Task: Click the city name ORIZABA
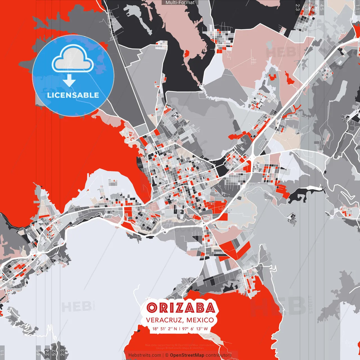pos(181,308)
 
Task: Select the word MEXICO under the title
pos(200,320)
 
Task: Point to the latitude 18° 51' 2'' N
pos(165,329)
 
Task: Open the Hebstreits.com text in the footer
pos(145,355)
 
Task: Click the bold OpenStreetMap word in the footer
pos(187,355)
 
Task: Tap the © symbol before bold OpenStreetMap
pos(167,355)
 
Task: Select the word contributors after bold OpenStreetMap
pos(218,355)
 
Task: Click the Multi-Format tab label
pos(180,3)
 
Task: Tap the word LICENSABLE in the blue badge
pos(73,95)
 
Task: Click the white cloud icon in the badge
pos(73,59)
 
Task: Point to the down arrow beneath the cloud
pos(69,82)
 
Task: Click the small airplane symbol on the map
pos(207,184)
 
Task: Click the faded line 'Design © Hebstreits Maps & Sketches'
pos(180,348)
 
